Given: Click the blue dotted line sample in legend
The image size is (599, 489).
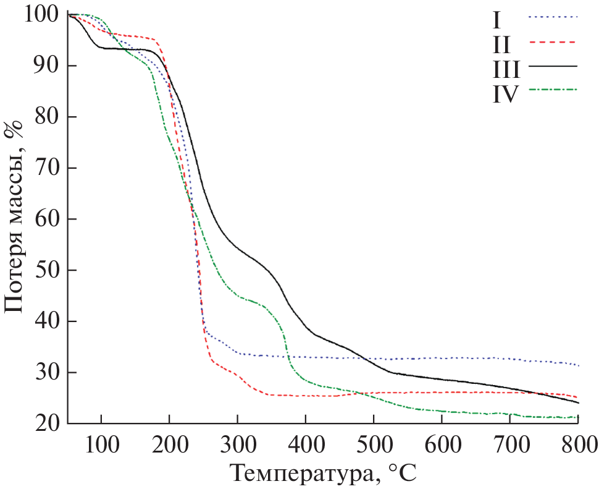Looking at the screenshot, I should coord(552,17).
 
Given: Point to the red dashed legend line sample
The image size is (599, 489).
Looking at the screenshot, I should coord(552,41).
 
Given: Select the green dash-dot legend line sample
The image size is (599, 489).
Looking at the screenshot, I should coord(552,90).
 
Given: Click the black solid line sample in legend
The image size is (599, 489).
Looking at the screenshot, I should coord(552,66).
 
